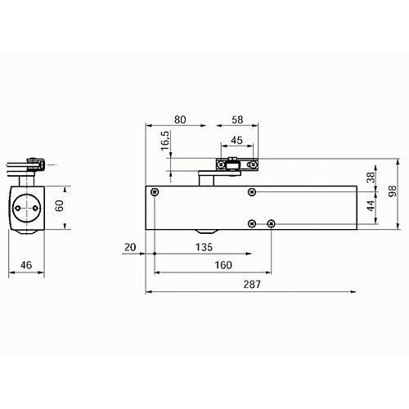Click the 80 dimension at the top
click(x=180, y=119)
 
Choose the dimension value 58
click(x=238, y=119)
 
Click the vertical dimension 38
click(x=370, y=177)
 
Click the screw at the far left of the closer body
click(x=155, y=192)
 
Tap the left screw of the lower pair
click(x=252, y=223)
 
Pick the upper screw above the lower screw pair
click(x=252, y=192)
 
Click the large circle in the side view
click(x=29, y=207)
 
